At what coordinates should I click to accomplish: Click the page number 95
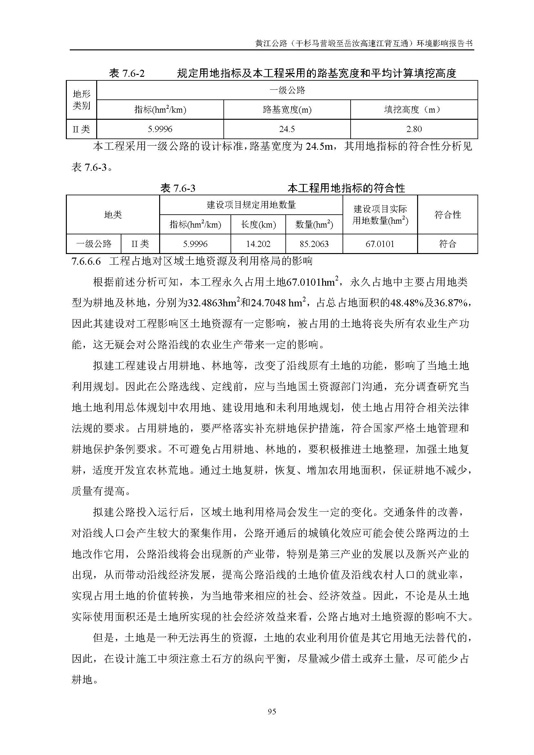pos(272,711)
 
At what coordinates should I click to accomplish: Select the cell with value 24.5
pos(287,129)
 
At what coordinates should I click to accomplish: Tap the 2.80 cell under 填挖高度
pos(414,129)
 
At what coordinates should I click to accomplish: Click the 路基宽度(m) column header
pos(287,109)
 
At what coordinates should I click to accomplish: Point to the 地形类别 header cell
pos(81,100)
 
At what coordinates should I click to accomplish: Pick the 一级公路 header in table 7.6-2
pos(287,90)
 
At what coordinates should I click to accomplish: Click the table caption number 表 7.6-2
pos(127,73)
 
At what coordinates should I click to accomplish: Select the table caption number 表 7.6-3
pos(178,188)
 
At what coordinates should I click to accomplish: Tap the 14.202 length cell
pos(258,244)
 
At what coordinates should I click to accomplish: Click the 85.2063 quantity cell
pos(314,244)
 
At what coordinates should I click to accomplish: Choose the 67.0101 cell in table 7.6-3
pos(380,244)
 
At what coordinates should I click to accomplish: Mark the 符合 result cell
pos(447,244)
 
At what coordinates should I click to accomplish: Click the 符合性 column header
pos(447,215)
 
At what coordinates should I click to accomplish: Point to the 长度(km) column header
pos(258,225)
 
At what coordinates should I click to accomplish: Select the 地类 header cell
pos(113,215)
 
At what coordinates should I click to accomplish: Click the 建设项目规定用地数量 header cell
pos(251,205)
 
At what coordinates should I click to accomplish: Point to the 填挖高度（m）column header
pos(414,109)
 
